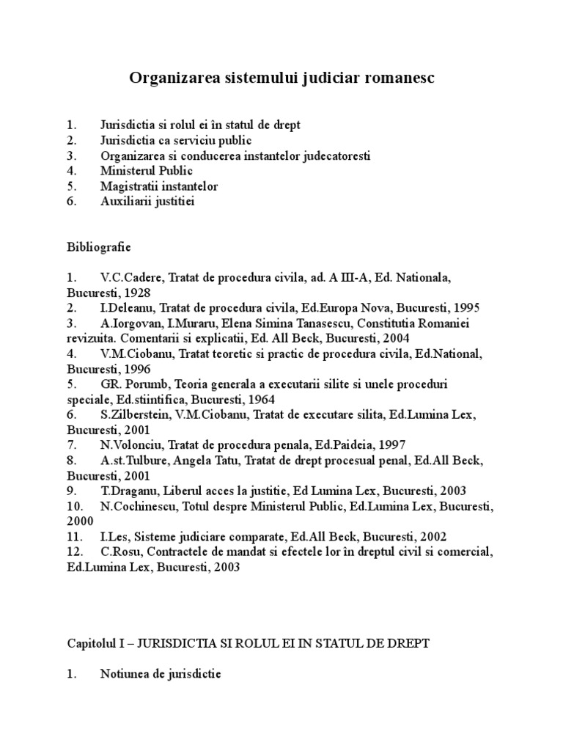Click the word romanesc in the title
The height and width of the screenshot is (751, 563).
click(399, 78)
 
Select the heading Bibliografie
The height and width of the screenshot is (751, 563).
click(99, 248)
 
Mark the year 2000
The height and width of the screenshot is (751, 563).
click(80, 521)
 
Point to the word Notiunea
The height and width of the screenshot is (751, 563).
click(125, 673)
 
